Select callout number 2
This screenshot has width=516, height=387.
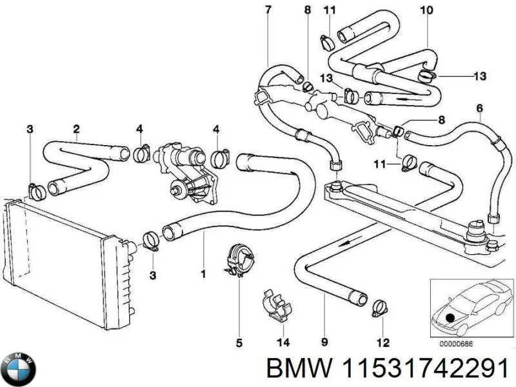coord(76,128)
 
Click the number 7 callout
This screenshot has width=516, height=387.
coord(268,9)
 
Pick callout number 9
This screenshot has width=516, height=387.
coord(324,342)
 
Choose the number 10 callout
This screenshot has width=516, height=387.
coord(426,10)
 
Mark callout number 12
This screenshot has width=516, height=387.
coord(383,342)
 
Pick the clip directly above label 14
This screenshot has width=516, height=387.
coord(275,306)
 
